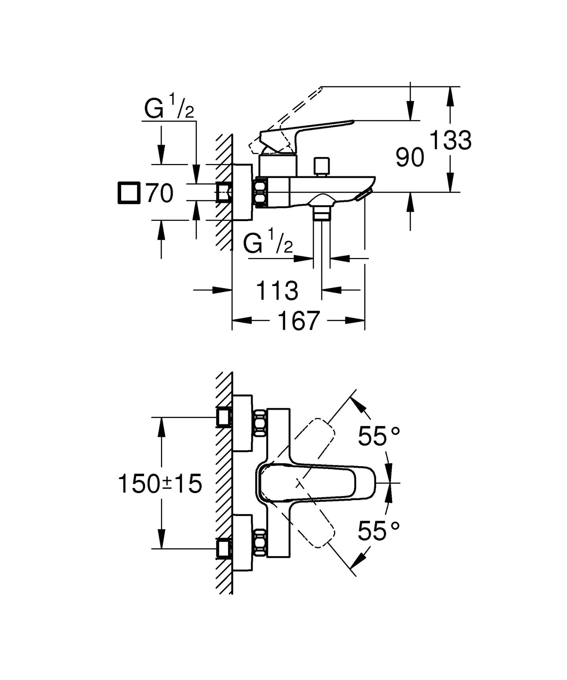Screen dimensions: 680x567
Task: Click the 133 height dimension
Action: tap(450, 140)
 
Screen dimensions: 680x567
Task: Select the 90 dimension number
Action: tap(410, 158)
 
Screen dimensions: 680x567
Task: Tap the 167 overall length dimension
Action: tap(298, 321)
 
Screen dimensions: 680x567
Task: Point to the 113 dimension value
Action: tap(277, 291)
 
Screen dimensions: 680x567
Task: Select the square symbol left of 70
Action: tap(129, 193)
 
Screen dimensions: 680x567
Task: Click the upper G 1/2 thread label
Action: tap(169, 108)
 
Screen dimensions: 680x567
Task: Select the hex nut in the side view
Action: tap(261, 193)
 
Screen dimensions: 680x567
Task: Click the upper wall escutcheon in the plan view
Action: tap(242, 423)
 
